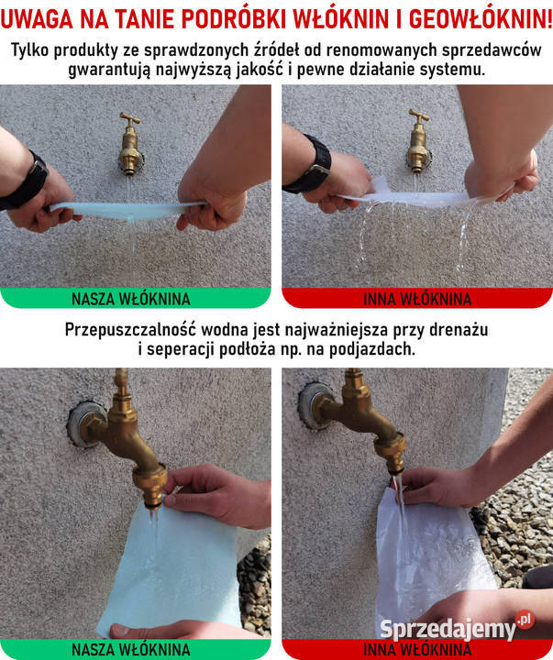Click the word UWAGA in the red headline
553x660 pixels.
coord(36,19)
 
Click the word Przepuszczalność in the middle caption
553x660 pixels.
coord(130,330)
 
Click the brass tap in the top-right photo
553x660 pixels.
coord(418,141)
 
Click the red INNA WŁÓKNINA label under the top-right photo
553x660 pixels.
coord(417,299)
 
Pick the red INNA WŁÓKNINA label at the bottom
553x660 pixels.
coord(417,650)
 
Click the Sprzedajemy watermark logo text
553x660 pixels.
coord(448,629)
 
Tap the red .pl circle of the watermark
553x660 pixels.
coord(525,620)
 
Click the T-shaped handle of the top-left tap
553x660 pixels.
coord(130,118)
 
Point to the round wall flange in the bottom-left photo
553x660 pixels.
coord(85,423)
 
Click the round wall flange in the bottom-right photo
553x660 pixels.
coord(314,405)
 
